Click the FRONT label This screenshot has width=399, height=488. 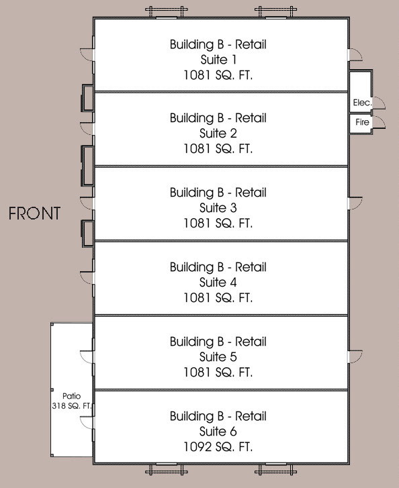point(34,213)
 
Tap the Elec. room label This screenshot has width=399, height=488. point(362,103)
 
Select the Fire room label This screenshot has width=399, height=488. point(362,122)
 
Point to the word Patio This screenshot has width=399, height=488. point(71,396)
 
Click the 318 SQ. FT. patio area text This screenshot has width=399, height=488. point(72,406)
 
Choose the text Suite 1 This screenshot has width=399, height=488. point(218,60)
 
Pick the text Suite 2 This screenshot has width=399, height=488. point(218,133)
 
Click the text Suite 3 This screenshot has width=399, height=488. point(218,207)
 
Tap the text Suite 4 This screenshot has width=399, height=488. point(218,283)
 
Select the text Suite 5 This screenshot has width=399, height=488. point(218,356)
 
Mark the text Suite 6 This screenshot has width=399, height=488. point(218,432)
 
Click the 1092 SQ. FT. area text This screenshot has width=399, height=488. point(218,447)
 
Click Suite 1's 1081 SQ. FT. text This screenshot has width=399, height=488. point(218,75)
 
